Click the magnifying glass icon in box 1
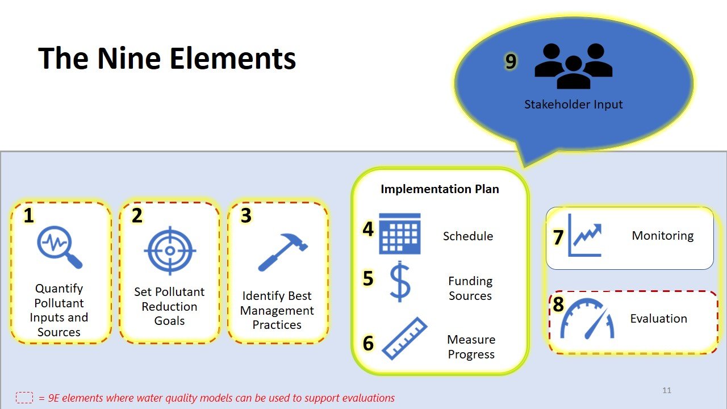click(59, 247)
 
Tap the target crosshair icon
click(170, 251)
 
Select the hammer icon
click(282, 252)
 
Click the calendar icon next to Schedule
click(399, 233)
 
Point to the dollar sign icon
click(399, 281)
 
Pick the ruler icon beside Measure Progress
click(405, 339)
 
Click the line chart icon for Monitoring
click(584, 235)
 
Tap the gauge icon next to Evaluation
click(587, 319)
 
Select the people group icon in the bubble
click(574, 66)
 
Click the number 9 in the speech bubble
click(511, 61)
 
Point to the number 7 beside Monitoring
click(558, 237)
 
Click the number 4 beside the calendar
click(368, 229)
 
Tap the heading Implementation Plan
click(440, 189)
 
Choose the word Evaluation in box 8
click(658, 319)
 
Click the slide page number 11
click(667, 390)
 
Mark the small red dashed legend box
click(24, 398)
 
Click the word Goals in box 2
click(169, 321)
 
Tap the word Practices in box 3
click(277, 324)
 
